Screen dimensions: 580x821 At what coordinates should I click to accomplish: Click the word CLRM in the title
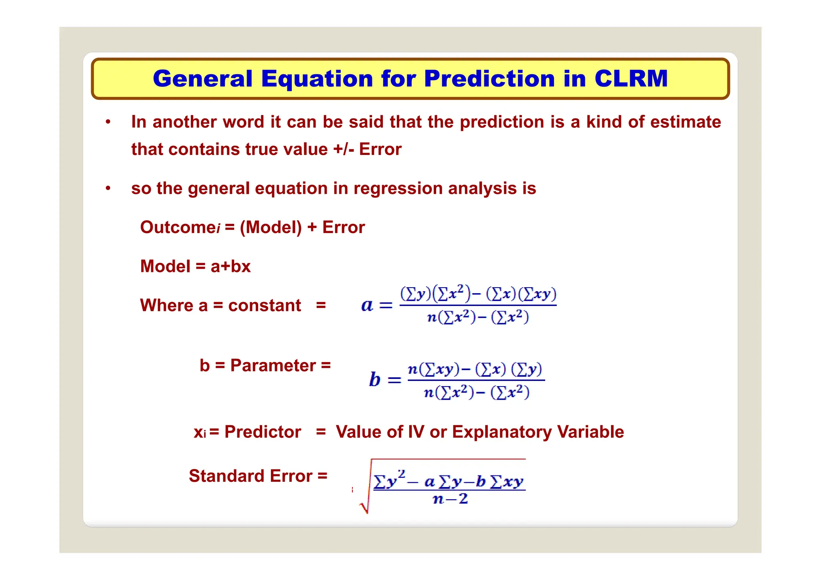[631, 79]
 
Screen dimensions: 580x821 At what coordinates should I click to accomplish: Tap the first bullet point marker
[108, 122]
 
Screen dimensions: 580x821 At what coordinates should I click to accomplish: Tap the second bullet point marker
[108, 188]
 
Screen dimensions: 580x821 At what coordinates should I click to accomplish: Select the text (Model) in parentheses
[271, 227]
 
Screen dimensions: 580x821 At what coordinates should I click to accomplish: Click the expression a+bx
[231, 266]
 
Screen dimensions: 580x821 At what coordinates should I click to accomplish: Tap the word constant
[265, 305]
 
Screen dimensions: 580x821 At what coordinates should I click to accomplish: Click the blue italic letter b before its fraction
[374, 379]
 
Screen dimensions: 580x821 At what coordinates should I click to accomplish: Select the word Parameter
[273, 365]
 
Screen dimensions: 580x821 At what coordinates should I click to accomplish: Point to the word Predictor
[263, 432]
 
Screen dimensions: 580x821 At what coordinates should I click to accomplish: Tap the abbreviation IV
[416, 432]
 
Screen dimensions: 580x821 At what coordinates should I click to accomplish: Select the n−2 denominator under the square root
[450, 499]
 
